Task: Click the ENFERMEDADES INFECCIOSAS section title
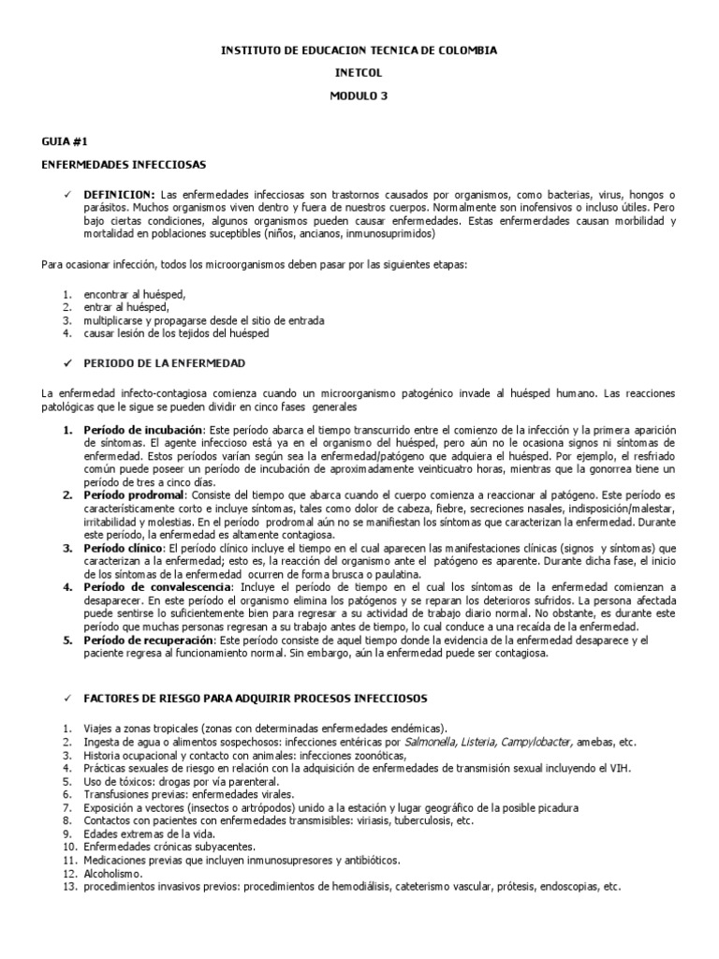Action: (x=124, y=164)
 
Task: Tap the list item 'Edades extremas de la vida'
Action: (x=150, y=834)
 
